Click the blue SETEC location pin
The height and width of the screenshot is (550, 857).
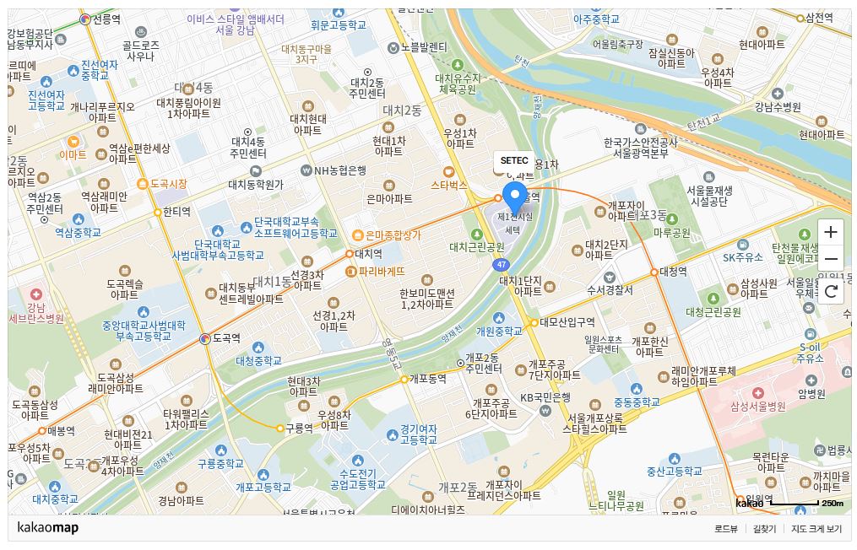coord(514,197)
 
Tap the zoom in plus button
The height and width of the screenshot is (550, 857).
coord(831,232)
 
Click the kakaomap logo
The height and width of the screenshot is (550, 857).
coord(47,528)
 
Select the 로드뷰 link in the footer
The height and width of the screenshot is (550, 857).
coord(726,529)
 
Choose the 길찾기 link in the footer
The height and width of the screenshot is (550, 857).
coord(764,529)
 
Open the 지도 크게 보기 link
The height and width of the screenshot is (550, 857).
coord(816,529)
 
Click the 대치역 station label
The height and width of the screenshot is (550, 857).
coord(368,253)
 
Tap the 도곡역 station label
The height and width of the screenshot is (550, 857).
coord(226,338)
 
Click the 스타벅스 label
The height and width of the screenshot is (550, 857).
coord(448,184)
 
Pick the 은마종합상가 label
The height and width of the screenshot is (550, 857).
coord(393,235)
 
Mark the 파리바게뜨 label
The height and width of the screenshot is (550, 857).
coord(382,272)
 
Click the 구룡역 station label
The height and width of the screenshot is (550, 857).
coord(299,428)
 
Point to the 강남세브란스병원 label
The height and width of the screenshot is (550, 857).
coord(35,313)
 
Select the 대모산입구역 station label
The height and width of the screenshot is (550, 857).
coord(567,321)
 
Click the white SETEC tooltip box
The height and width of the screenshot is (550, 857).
coord(514,160)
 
